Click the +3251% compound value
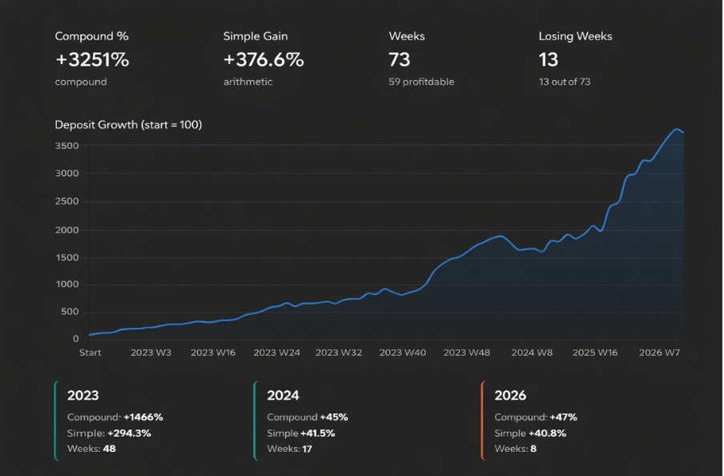click(x=92, y=59)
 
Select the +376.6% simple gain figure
click(x=263, y=59)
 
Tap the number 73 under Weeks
click(x=400, y=59)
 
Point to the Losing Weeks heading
click(x=575, y=36)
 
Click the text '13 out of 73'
click(x=565, y=82)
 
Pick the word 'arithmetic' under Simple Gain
click(x=247, y=82)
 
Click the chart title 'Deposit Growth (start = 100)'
click(x=128, y=125)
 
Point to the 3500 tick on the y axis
click(x=67, y=146)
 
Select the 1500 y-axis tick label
click(x=67, y=257)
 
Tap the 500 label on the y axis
click(x=70, y=313)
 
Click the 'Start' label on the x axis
click(x=90, y=353)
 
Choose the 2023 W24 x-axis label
click(x=276, y=353)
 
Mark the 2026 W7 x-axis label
click(x=660, y=353)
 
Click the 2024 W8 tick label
click(x=532, y=353)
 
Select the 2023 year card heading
click(x=83, y=395)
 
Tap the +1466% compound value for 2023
click(x=143, y=418)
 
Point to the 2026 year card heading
click(x=510, y=395)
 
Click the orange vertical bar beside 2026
click(x=483, y=421)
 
